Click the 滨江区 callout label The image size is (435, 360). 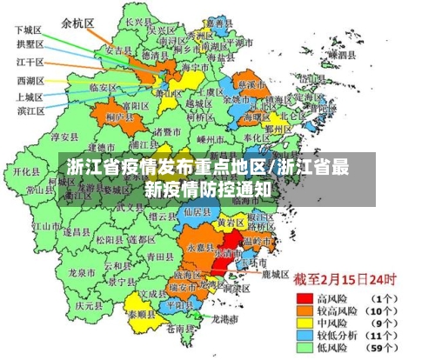pos(30,110)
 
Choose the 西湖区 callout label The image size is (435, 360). pos(30,81)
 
